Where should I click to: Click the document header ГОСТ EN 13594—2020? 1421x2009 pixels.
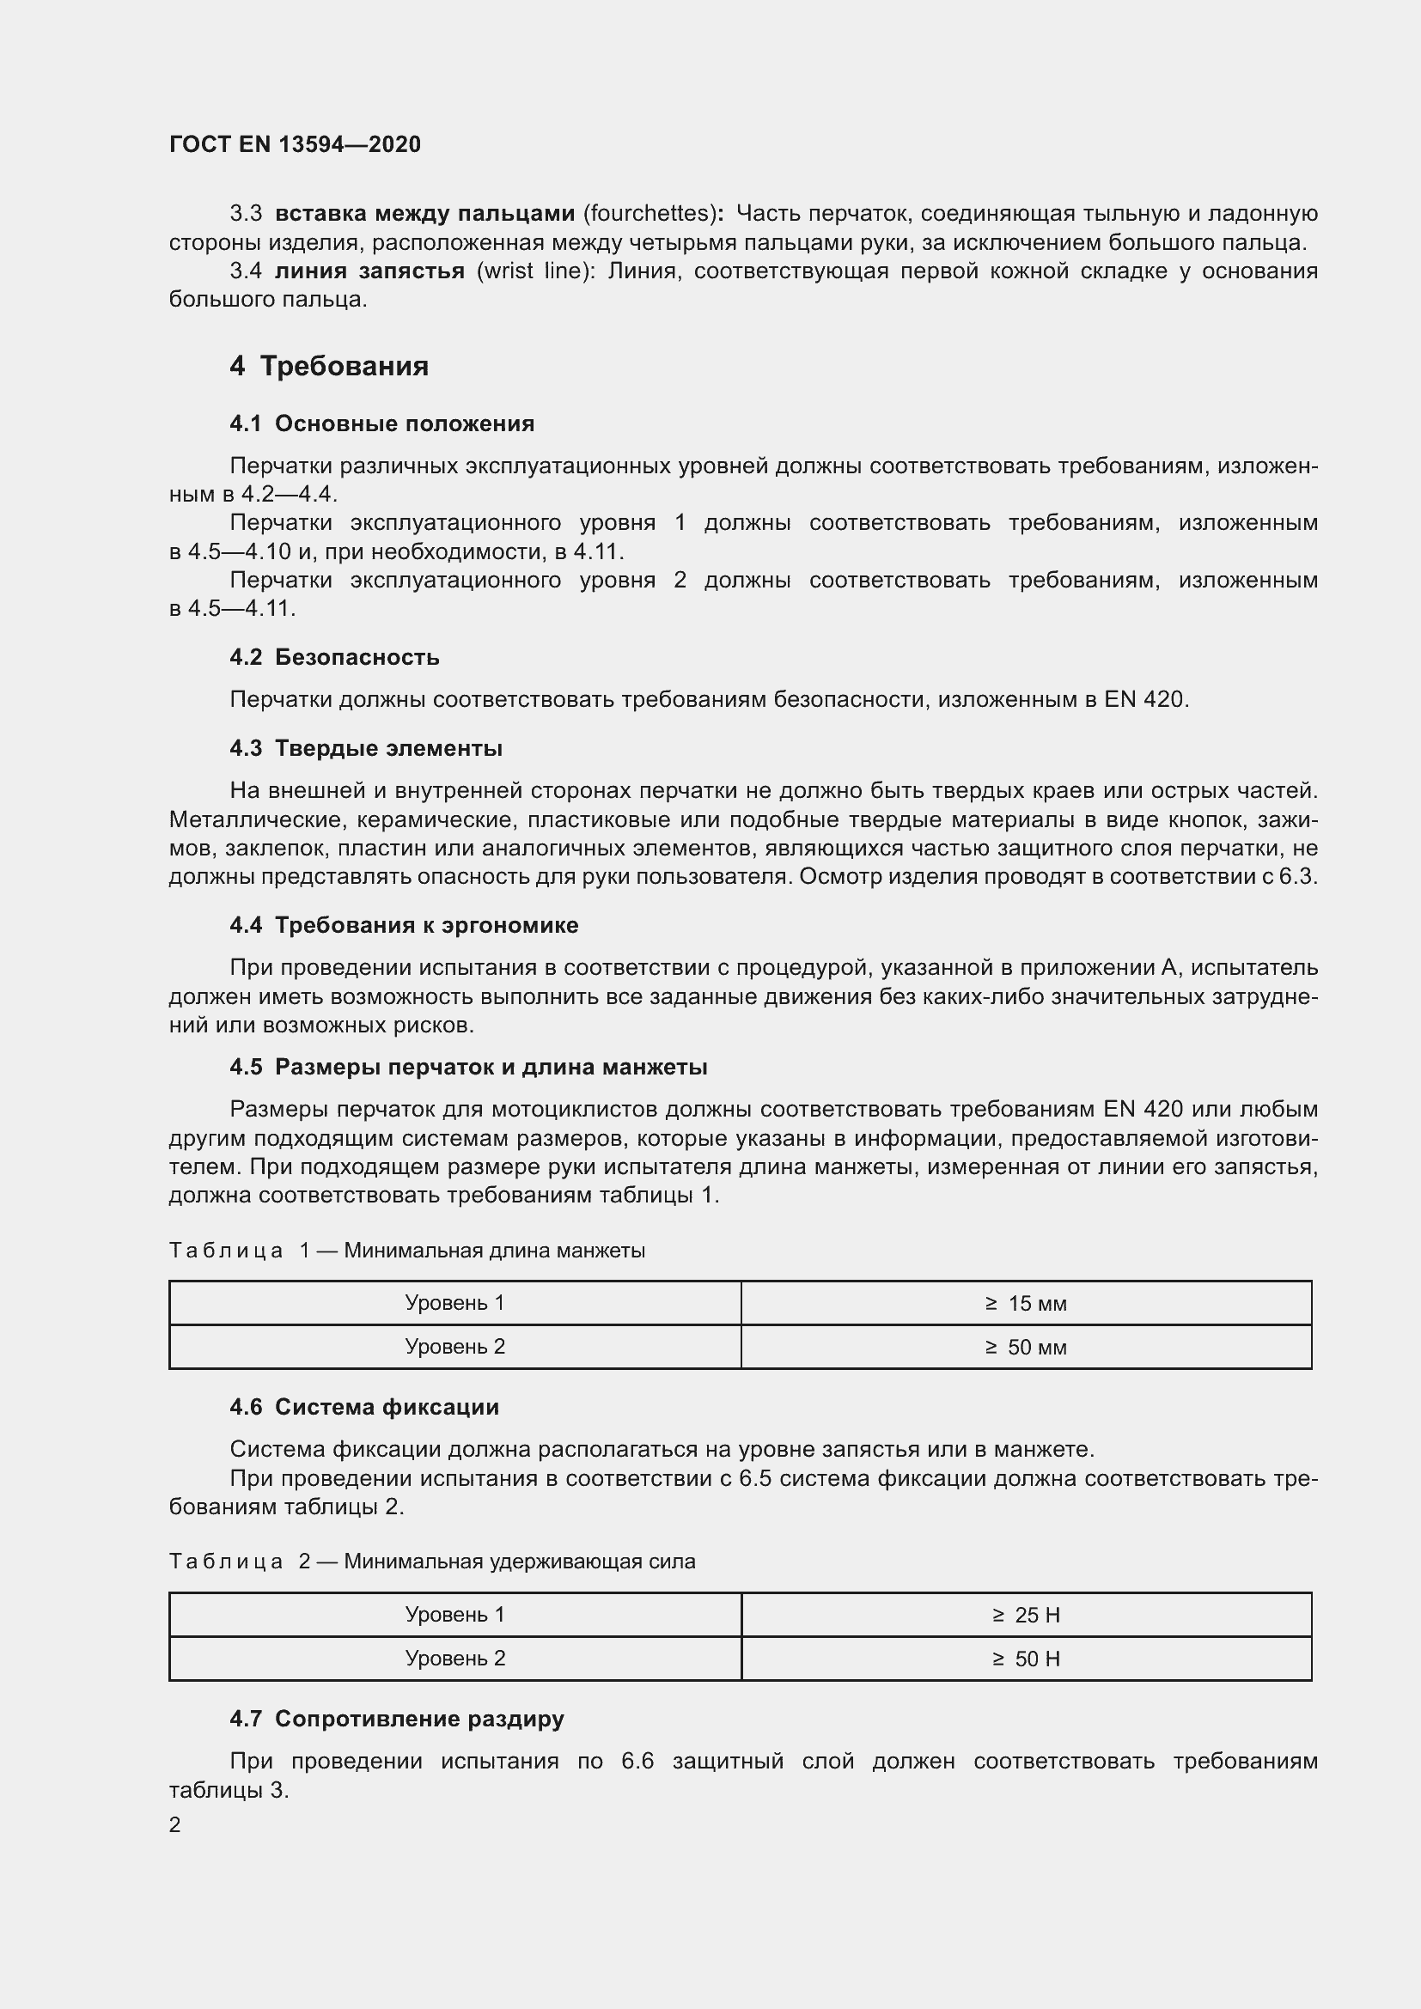(x=295, y=144)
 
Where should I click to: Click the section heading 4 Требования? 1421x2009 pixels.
(x=329, y=366)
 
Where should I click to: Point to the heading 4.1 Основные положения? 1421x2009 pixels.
(x=381, y=423)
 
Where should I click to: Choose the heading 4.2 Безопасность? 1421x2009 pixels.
(x=334, y=657)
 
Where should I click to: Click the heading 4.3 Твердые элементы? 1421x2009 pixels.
(x=366, y=748)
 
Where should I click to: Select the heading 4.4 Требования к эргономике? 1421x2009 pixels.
(x=405, y=925)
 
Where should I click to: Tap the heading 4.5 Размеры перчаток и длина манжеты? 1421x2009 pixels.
(x=468, y=1067)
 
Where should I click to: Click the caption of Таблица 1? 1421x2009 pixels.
(x=407, y=1251)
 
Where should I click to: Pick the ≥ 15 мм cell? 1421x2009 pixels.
(x=1026, y=1304)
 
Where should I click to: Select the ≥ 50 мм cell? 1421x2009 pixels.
(x=1026, y=1347)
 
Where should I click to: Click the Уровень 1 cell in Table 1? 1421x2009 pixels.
(x=455, y=1303)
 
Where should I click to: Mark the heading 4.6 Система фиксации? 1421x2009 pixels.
(x=364, y=1407)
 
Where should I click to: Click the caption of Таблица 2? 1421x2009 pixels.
(x=431, y=1561)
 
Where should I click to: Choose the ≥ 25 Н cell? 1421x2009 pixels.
(x=1026, y=1616)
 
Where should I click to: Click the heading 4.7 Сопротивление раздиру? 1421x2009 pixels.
(x=396, y=1719)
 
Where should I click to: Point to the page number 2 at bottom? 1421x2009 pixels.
(x=175, y=1824)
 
